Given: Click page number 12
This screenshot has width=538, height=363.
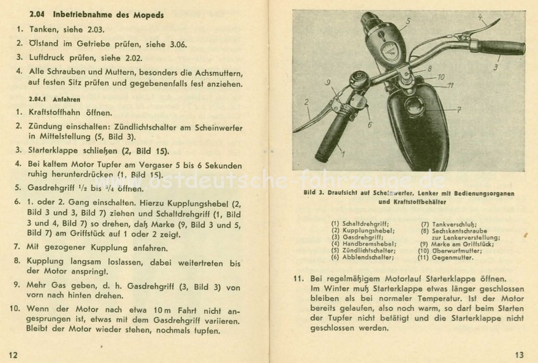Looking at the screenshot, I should click(x=14, y=354).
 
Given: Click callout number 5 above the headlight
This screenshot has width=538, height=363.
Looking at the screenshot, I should click(x=408, y=21).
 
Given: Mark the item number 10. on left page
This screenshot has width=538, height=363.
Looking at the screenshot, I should click(x=15, y=309).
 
